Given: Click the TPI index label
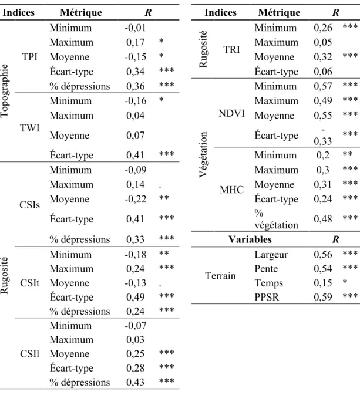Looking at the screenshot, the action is tap(30, 57).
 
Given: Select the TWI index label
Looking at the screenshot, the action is tap(30, 128).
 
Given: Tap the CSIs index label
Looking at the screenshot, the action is tap(30, 205).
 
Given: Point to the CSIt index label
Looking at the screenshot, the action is tap(30, 283).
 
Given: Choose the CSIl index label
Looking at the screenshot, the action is tap(30, 354).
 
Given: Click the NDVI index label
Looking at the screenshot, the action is tap(232, 113).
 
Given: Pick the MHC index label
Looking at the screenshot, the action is tap(232, 190).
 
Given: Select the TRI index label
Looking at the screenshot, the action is tap(232, 49).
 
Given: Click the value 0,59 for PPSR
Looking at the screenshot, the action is tap(323, 297).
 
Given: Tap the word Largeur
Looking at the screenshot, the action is tap(271, 255).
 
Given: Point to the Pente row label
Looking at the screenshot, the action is tap(266, 269).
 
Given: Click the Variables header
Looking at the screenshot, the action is tap(250, 239).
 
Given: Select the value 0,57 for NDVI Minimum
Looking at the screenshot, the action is tap(323, 86).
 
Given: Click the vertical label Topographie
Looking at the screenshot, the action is tap(5, 91).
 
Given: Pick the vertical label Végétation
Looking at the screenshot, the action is tap(203, 155).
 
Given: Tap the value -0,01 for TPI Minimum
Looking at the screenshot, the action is tap(136, 28).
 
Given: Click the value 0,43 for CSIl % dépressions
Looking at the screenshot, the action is tap(136, 382).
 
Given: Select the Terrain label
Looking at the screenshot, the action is tap(221, 276).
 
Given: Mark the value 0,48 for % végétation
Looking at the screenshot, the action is tap(323, 219).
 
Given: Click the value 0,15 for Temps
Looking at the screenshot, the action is tap(323, 283).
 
